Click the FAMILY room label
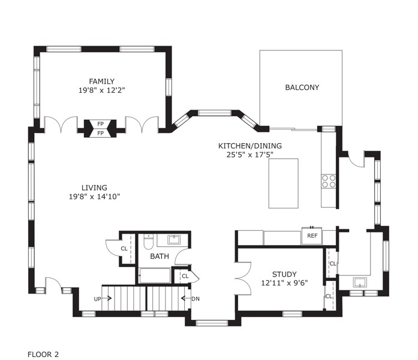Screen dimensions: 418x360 coord(101,81)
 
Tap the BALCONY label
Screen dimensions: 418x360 coord(302,87)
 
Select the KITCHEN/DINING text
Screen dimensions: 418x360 coord(250,146)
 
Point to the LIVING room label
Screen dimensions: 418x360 coord(94,187)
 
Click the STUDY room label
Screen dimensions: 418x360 coord(284,274)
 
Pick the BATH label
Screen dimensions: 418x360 coord(160,256)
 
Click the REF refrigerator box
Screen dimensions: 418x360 coord(312,235)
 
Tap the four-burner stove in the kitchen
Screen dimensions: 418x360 coord(328,181)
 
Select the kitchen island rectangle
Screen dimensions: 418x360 coord(283,183)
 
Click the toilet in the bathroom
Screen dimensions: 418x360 coord(148,241)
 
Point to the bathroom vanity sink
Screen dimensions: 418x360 coord(174,240)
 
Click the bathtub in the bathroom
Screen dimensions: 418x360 coord(155,276)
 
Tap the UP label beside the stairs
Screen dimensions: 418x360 coord(98,299)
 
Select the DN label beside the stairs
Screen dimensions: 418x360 coord(196,299)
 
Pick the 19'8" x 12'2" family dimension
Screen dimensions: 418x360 coord(101,90)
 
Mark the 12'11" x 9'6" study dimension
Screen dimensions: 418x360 coord(284,283)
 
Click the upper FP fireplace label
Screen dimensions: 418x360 coord(100,124)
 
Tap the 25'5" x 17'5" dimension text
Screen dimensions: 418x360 coord(250,155)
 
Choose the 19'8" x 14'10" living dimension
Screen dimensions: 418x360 coord(94,197)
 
